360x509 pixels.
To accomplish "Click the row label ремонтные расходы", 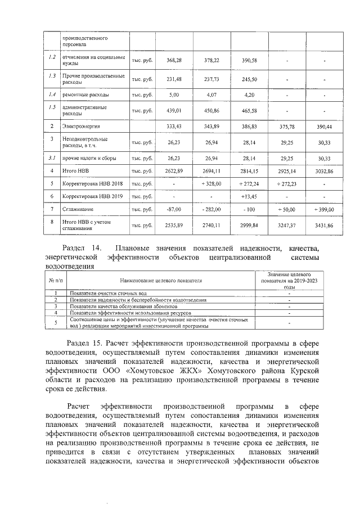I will click(82, 95).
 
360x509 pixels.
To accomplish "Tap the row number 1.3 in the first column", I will click(52, 76).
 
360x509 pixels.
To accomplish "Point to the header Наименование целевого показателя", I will click(160, 279).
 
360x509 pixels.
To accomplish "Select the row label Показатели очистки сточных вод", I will click(100, 294).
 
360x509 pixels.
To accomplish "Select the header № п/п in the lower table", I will click(56, 279).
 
